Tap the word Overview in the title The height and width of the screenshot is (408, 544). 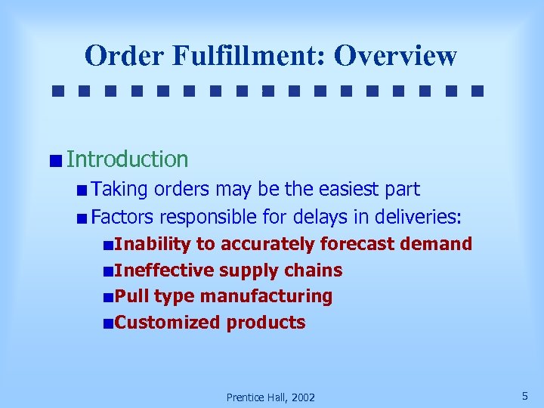pyautogui.click(x=396, y=56)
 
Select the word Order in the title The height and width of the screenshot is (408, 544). pyautogui.click(x=123, y=56)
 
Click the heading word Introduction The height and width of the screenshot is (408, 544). pyautogui.click(x=127, y=159)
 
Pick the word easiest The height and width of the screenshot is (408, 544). pyautogui.click(x=345, y=190)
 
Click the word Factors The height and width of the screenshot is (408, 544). pyautogui.click(x=122, y=218)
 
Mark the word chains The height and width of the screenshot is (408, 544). pyautogui.click(x=314, y=270)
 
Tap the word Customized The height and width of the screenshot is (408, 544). pyautogui.click(x=167, y=323)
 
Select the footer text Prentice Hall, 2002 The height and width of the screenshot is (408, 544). pyautogui.click(x=270, y=397)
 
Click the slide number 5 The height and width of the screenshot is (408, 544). pyautogui.click(x=524, y=395)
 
